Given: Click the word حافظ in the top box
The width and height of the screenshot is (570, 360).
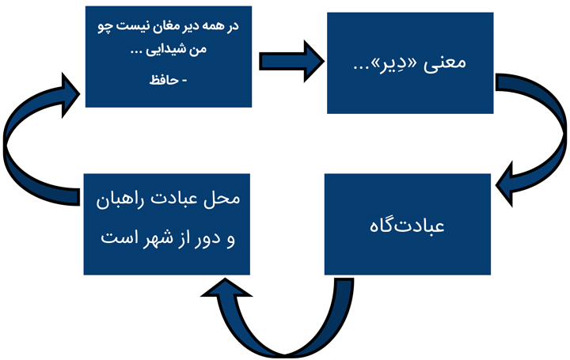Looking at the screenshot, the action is coord(164,80).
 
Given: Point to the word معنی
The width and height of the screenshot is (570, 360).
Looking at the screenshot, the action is coord(445,63).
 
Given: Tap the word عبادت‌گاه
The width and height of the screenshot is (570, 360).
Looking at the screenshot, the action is coord(407,225).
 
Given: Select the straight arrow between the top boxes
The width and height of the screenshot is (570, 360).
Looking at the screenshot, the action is coord(291,61).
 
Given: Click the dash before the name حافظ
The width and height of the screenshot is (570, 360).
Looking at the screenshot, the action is coord(184,81).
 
